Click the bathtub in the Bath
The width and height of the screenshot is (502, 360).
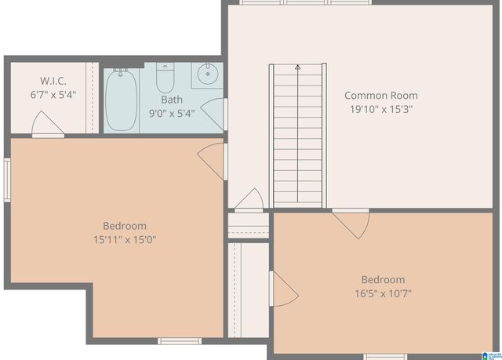(x=122, y=100)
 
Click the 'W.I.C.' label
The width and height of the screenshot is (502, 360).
(x=54, y=81)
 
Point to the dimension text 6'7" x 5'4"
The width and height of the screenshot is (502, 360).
(x=54, y=94)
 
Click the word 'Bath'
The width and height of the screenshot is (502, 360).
(x=172, y=100)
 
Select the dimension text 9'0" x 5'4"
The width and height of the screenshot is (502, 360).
(x=172, y=113)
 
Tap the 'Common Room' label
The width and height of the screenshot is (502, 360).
(x=381, y=96)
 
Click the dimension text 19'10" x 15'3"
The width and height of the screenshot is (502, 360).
(x=381, y=109)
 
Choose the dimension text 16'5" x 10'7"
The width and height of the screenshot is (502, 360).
(x=383, y=293)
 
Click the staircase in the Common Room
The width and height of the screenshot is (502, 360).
(x=298, y=137)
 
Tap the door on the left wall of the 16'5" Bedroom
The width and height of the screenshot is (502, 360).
(x=283, y=289)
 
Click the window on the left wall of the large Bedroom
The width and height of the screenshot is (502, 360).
(x=6, y=180)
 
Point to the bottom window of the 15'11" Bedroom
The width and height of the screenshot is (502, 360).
(x=180, y=341)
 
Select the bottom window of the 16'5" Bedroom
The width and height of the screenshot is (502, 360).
(x=385, y=356)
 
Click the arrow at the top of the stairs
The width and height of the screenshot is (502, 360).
(x=298, y=69)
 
